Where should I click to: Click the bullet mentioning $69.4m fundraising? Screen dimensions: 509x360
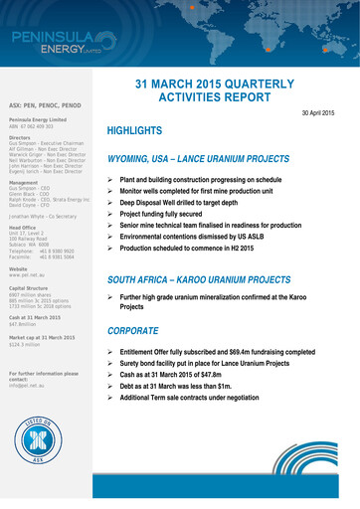tap(218, 352)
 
